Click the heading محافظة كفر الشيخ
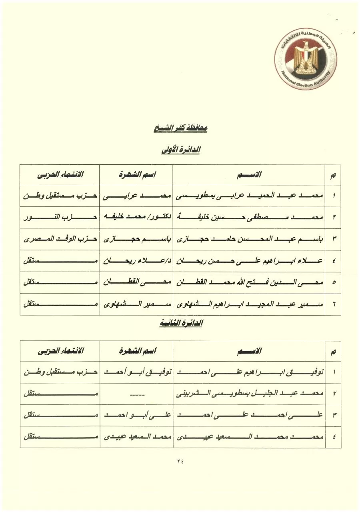pyautogui.click(x=180, y=129)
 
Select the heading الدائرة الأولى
pyautogui.click(x=180, y=150)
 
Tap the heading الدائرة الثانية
pyautogui.click(x=180, y=323)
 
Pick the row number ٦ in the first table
pyautogui.click(x=334, y=304)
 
